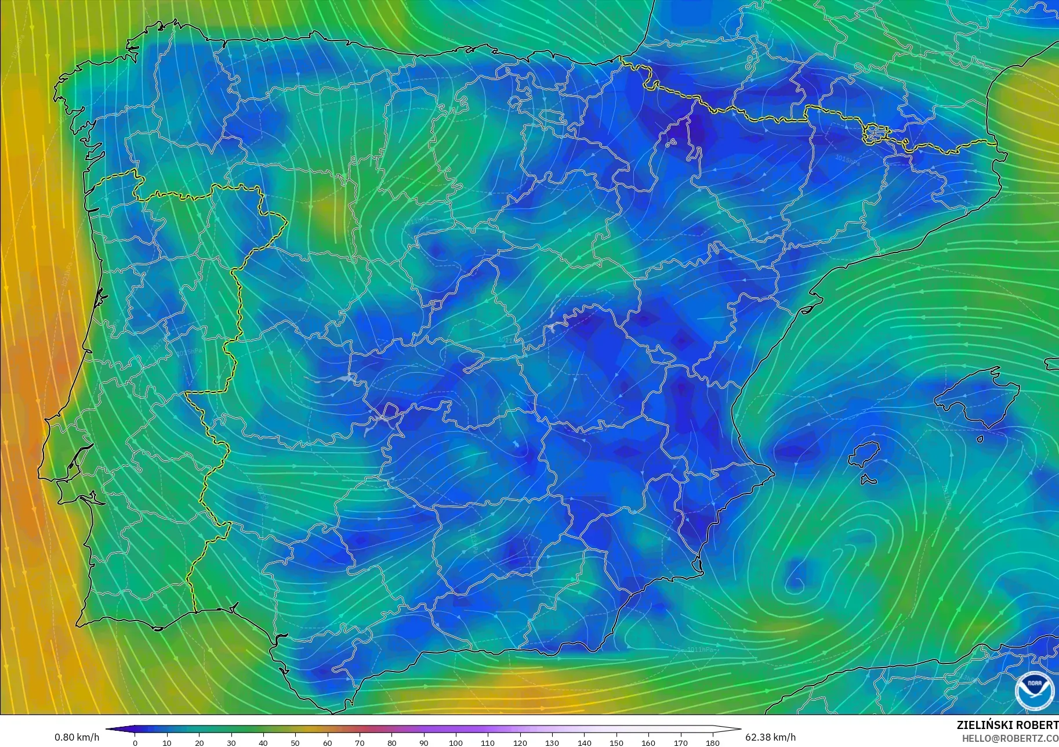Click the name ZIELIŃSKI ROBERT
(x=1007, y=726)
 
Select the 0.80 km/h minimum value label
(x=77, y=737)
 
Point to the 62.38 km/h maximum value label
(x=770, y=737)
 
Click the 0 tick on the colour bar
(x=135, y=742)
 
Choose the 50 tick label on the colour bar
(x=295, y=742)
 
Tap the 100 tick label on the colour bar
(x=456, y=742)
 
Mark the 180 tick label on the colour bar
(x=712, y=742)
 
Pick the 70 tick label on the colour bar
(x=360, y=742)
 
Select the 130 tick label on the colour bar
(x=552, y=742)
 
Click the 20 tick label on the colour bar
(x=199, y=742)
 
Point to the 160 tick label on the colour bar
(x=648, y=742)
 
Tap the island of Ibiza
(x=865, y=454)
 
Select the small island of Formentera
(x=868, y=480)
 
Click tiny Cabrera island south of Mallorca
(x=980, y=439)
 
